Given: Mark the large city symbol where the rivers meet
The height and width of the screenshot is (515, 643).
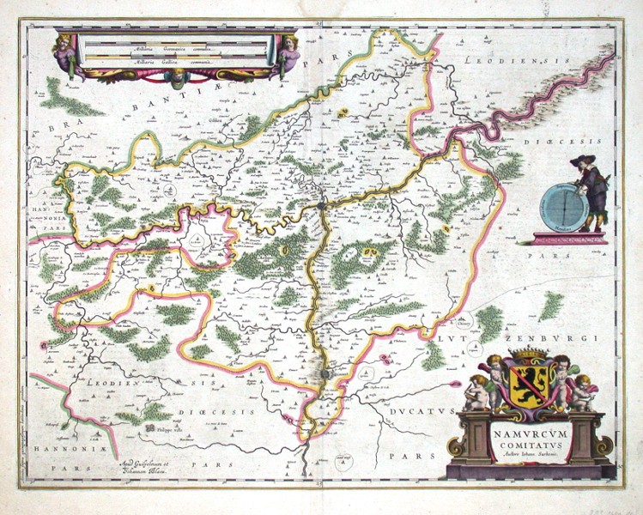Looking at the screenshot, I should [x=321, y=206].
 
